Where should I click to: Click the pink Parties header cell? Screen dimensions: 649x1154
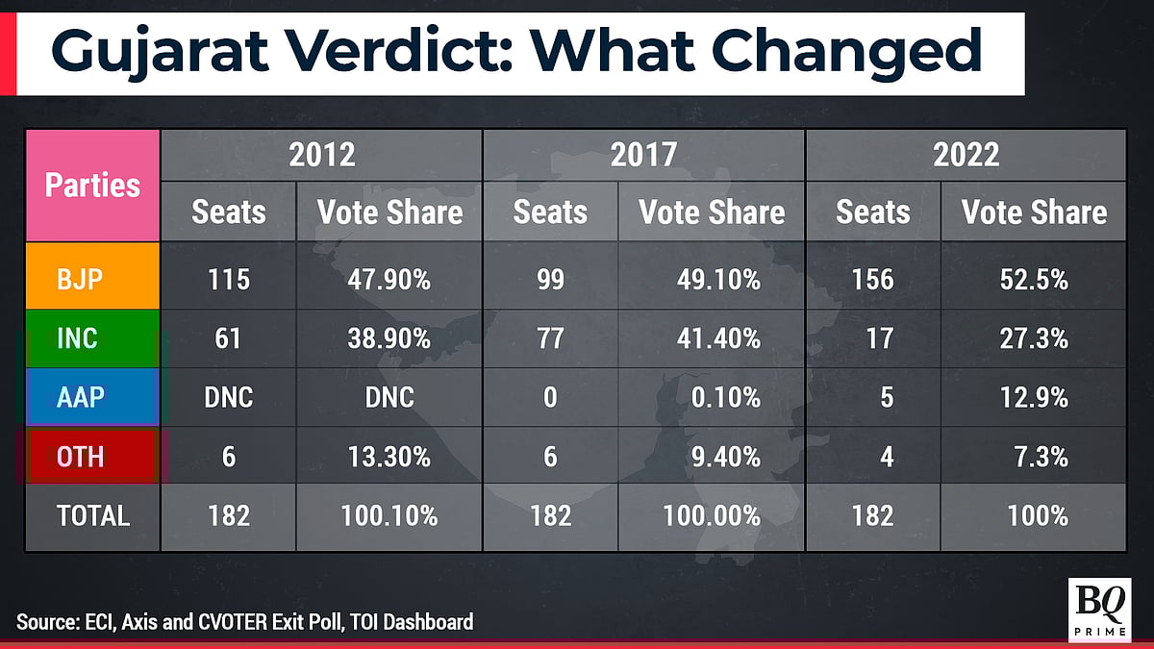92,185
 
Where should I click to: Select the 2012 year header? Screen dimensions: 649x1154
322,155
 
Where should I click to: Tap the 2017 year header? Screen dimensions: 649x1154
643,155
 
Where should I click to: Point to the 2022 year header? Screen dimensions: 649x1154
966,155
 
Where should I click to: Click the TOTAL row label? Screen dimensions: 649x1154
92,515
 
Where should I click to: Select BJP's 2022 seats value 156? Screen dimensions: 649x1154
872,280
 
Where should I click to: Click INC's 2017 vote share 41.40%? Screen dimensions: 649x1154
712,338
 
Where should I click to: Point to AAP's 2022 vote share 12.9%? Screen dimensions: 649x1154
1034,397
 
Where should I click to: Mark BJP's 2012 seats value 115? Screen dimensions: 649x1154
229,280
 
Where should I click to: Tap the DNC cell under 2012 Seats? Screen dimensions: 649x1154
229,397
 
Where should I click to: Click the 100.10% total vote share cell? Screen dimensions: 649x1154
389,515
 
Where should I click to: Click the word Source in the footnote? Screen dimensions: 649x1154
45,622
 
